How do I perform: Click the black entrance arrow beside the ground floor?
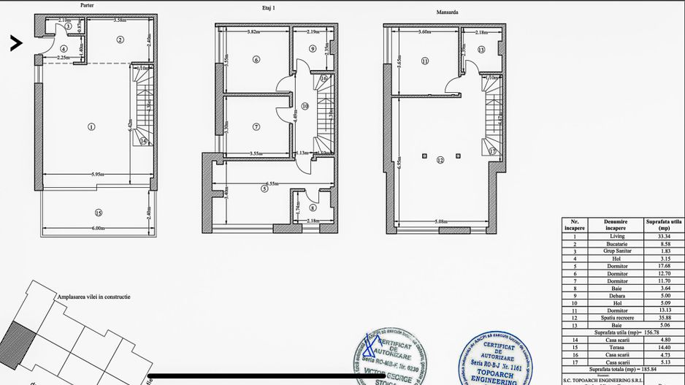click(16, 43)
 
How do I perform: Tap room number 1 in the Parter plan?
click(91, 126)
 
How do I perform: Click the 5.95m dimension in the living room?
click(98, 175)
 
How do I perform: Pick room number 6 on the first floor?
click(256, 60)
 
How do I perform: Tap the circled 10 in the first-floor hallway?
click(305, 107)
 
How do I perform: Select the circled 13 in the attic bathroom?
click(481, 50)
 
